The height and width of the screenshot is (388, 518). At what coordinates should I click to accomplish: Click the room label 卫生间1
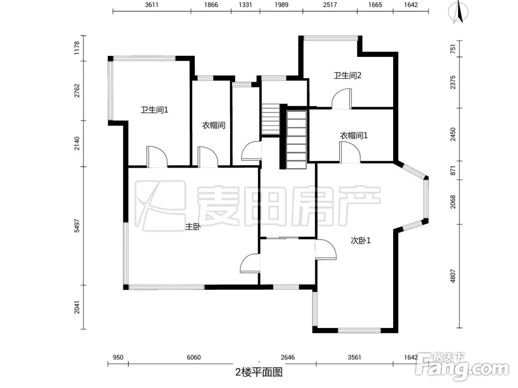tap(154, 110)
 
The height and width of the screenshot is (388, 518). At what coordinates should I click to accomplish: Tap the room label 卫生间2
tap(347, 76)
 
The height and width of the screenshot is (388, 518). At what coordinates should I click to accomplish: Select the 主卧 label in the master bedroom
tap(193, 226)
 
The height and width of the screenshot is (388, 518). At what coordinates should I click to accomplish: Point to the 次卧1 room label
tap(361, 240)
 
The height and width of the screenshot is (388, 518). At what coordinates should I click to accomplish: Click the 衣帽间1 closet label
tap(354, 136)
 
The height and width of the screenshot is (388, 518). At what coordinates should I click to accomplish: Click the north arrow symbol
tap(458, 13)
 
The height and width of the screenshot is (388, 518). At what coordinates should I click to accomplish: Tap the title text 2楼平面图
tap(258, 371)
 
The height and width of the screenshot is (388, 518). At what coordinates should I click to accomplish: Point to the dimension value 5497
tap(77, 226)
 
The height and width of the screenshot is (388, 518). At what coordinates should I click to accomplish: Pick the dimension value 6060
tap(193, 357)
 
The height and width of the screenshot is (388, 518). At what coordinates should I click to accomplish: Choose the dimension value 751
tap(453, 49)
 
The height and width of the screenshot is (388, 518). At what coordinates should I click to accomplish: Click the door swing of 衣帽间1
tap(350, 152)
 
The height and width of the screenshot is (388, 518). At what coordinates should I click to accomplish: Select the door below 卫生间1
tap(157, 157)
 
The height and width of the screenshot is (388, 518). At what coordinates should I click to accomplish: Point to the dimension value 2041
tap(77, 307)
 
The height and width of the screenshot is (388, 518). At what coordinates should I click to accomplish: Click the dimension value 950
tap(118, 357)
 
